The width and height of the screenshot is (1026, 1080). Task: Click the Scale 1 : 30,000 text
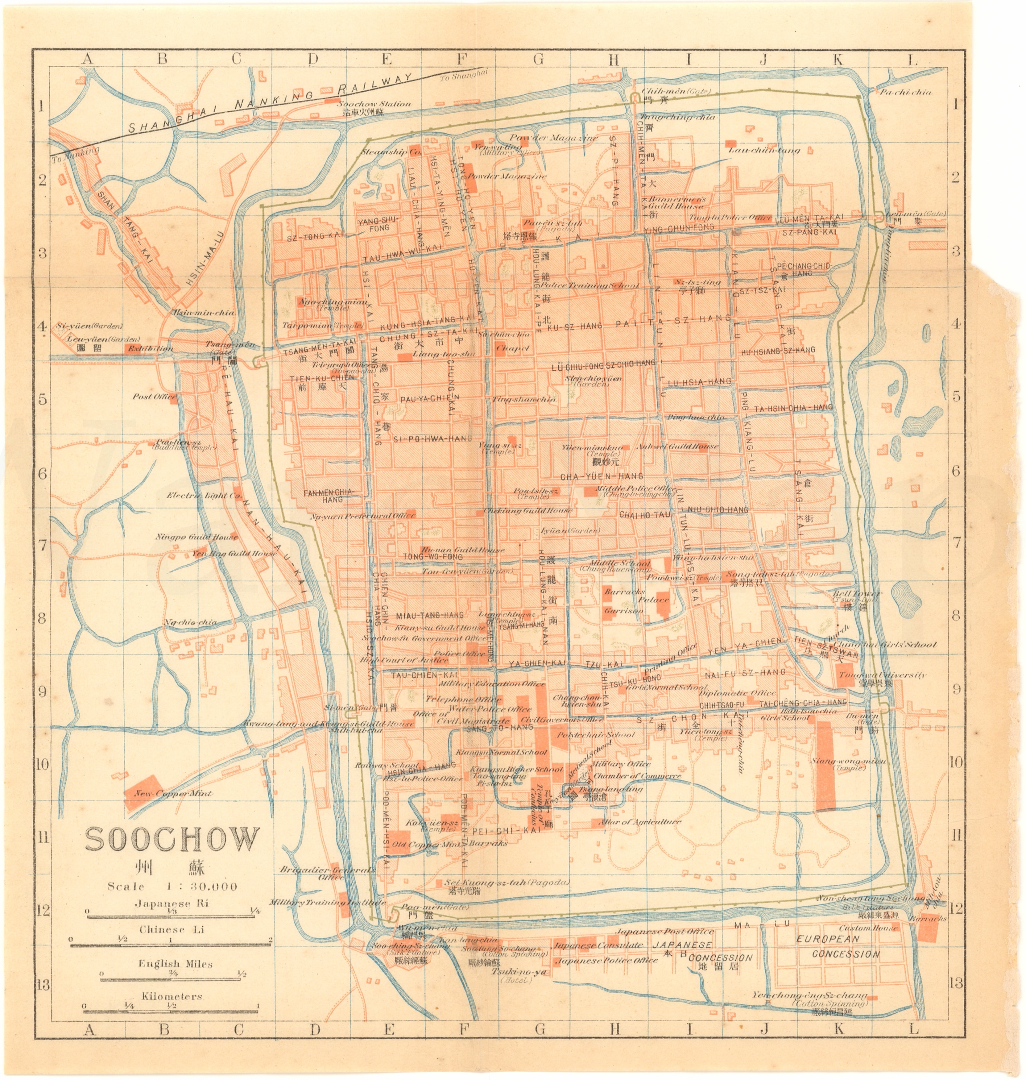pyautogui.click(x=172, y=886)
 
